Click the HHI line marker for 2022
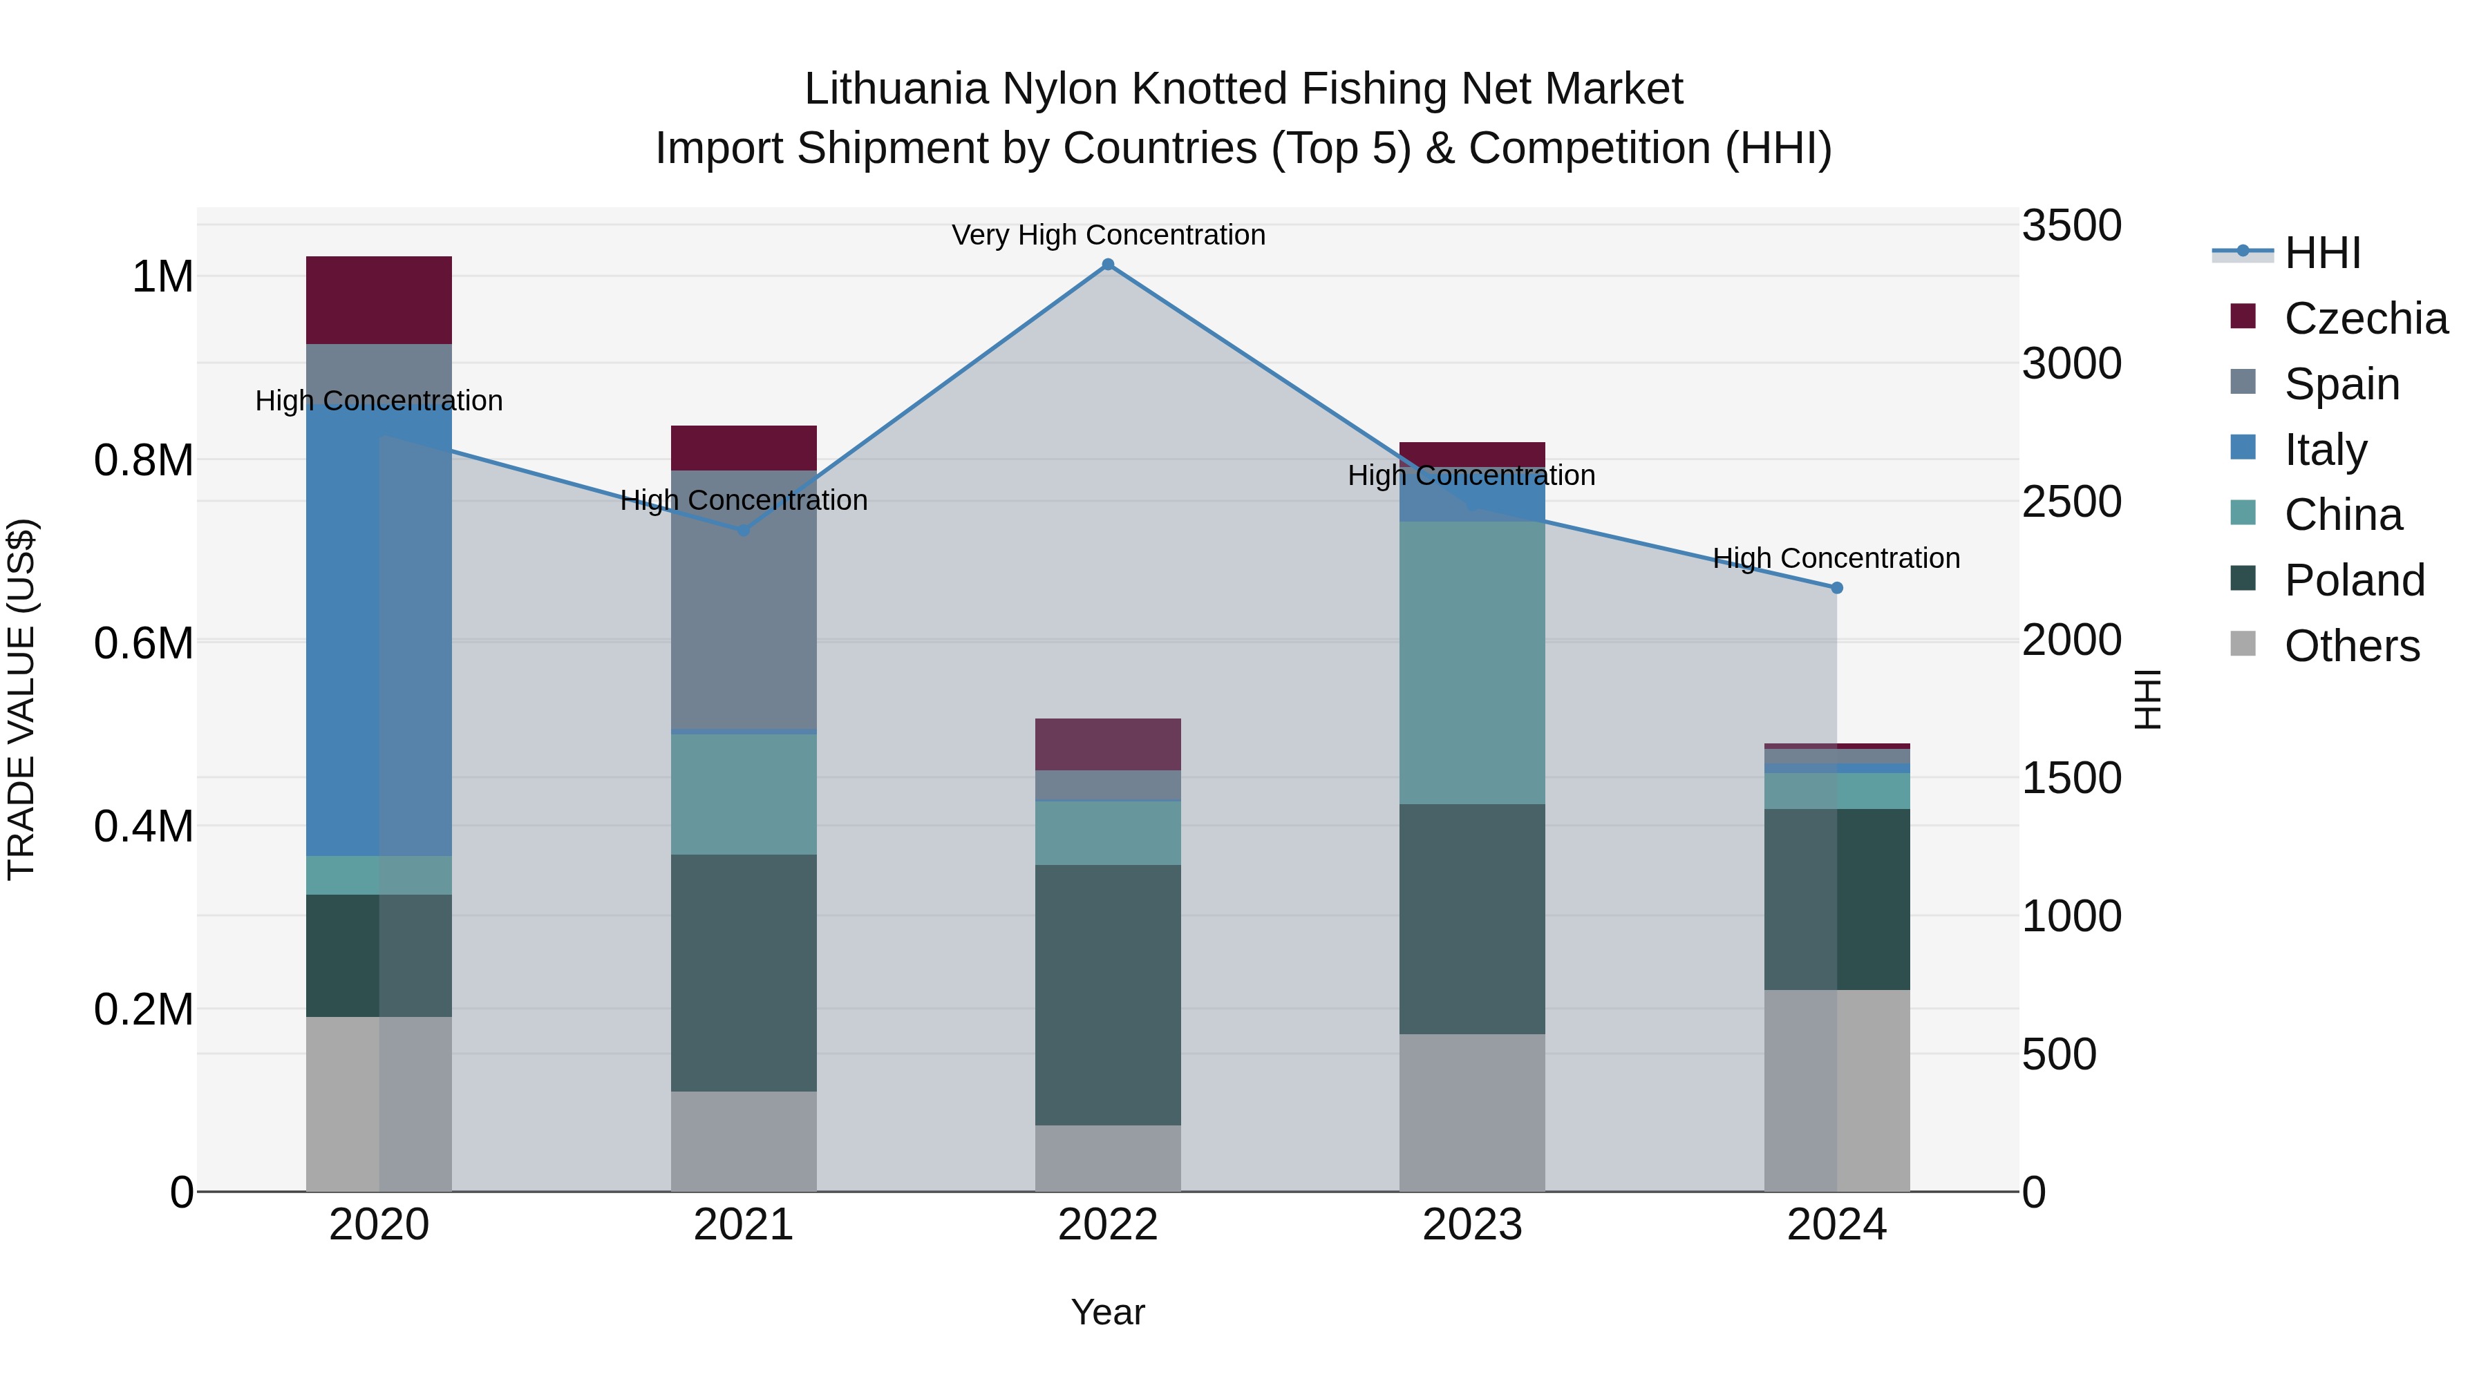(1108, 265)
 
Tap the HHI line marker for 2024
(1837, 588)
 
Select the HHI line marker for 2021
(744, 530)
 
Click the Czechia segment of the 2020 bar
(379, 301)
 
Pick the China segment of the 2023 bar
(1472, 663)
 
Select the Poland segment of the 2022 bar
(1108, 994)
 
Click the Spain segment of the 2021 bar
(744, 598)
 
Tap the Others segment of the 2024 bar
(1837, 1090)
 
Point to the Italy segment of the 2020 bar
(379, 627)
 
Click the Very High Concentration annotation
(1108, 235)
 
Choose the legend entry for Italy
(2326, 450)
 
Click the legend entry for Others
(2351, 646)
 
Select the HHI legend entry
(2322, 253)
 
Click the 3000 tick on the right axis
(2072, 364)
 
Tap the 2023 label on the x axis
(1472, 1225)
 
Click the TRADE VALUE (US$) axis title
(21, 699)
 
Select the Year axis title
(1108, 1312)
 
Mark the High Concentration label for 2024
(1836, 558)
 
